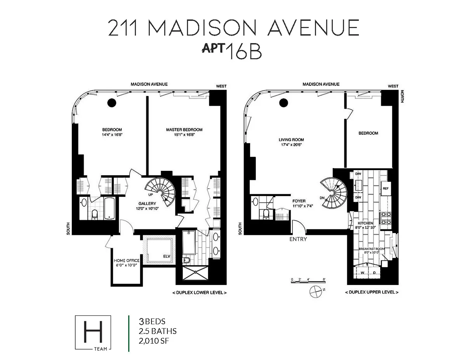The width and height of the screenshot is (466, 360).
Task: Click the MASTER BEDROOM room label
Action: click(184, 130)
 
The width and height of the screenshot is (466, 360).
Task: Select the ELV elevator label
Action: click(167, 256)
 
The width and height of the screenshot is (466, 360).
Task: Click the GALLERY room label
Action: click(148, 203)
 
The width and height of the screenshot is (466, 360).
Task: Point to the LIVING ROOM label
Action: click(291, 140)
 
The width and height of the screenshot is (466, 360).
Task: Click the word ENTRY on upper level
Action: click(298, 239)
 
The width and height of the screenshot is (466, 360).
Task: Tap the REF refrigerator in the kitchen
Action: click(386, 188)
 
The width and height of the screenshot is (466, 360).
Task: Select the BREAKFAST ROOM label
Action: click(372, 249)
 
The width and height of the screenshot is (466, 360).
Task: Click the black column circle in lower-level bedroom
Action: click(112, 103)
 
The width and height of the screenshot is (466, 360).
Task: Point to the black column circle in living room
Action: click(284, 103)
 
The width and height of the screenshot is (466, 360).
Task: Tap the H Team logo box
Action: click(93, 333)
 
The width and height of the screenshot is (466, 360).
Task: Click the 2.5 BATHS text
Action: click(158, 331)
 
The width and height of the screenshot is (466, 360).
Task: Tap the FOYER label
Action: click(299, 201)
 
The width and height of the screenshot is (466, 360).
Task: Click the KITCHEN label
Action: click(366, 223)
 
